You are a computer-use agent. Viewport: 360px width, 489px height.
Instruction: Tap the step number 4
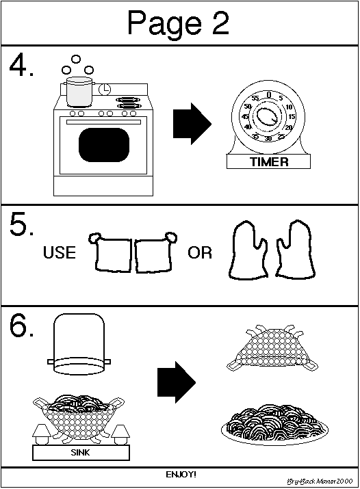[x=21, y=66]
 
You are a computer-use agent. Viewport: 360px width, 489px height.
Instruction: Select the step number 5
[x=21, y=224]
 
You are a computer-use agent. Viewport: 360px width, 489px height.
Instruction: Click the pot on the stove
[x=79, y=92]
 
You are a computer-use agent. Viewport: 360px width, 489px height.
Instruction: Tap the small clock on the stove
[x=105, y=90]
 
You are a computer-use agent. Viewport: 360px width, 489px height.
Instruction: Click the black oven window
[x=104, y=145]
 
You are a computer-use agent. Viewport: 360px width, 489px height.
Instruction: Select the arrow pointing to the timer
[x=192, y=124]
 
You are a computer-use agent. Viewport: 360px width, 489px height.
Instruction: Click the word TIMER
[x=269, y=162]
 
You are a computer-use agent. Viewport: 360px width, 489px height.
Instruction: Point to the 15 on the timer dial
[x=292, y=117]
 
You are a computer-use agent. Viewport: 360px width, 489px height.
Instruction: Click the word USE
[x=60, y=252]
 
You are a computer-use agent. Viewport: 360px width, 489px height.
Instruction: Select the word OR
[x=200, y=252]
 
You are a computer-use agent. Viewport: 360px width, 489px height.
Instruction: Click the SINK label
[x=81, y=452]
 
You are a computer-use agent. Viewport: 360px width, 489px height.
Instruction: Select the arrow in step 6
[x=177, y=382]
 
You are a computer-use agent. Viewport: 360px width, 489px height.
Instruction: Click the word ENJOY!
[x=181, y=475]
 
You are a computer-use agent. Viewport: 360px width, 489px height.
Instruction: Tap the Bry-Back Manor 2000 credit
[x=320, y=481]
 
